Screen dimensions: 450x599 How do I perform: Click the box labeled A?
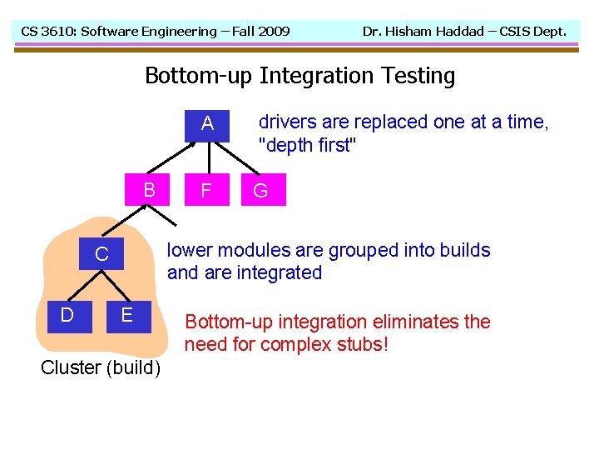coord(207,124)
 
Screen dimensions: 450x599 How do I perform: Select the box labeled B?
coord(149,190)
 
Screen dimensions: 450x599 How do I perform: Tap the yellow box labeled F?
coord(207,191)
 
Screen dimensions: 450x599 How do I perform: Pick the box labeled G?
coord(260,191)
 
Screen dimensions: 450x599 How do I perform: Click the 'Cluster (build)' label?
coord(101,367)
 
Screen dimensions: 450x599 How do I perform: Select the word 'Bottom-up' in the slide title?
coord(199,76)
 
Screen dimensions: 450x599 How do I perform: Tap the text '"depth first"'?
coord(308,145)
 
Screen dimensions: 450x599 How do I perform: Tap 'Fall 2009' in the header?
coord(260,32)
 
